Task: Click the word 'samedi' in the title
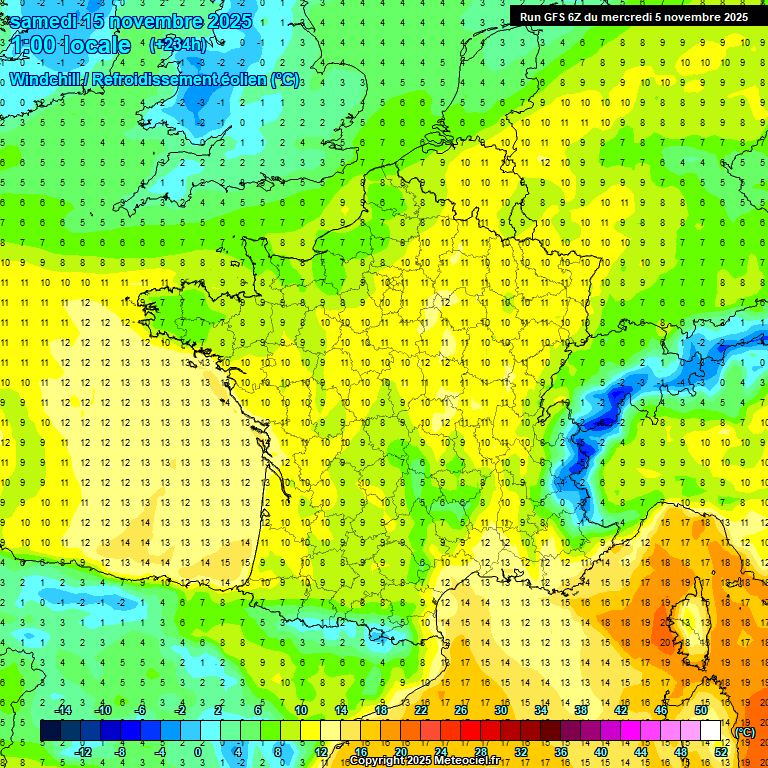[43, 20]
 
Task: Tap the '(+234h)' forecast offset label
[179, 44]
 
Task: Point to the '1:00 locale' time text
[71, 45]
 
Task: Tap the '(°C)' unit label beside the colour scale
[744, 731]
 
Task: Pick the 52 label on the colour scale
[721, 751]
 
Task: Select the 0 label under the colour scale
[198, 751]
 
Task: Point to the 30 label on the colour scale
[501, 710]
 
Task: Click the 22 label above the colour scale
[421, 710]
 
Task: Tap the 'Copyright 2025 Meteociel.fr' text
[425, 761]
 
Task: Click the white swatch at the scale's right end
[711, 731]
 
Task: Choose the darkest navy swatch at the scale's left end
[50, 731]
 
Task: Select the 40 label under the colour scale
[601, 751]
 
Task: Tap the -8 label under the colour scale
[120, 751]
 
